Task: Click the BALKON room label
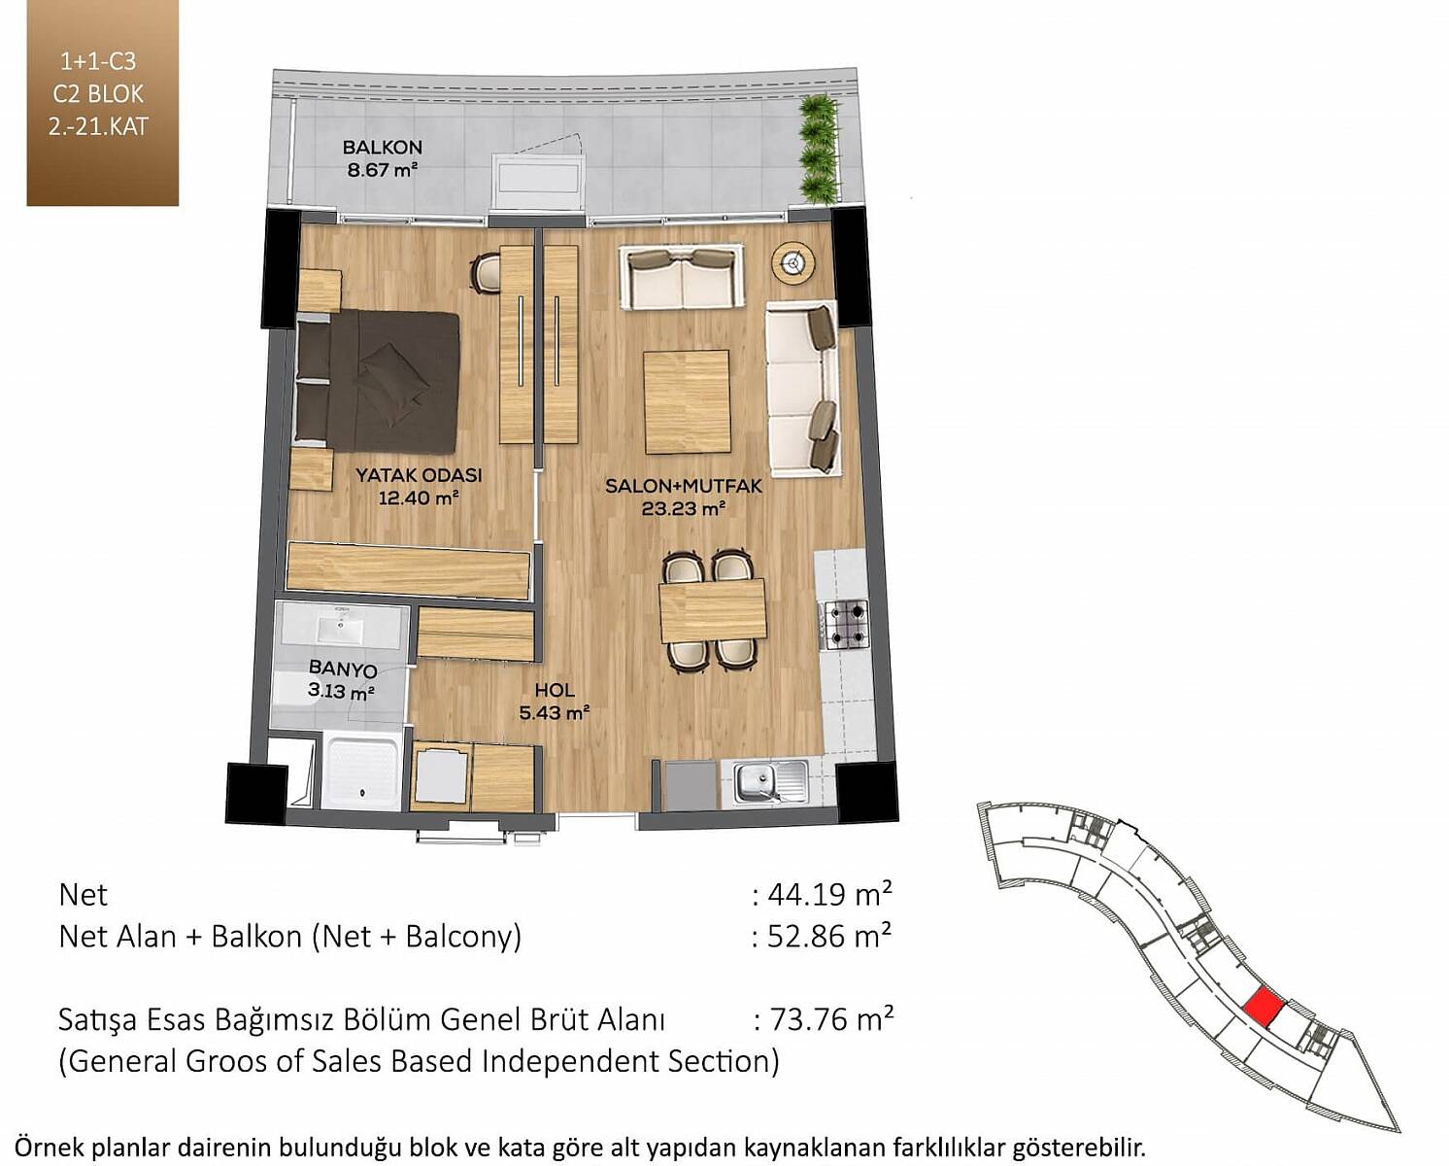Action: point(382,147)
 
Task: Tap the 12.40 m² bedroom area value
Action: point(419,498)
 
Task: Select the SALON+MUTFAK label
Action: point(684,486)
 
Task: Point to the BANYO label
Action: point(343,669)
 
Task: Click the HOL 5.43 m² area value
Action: point(555,712)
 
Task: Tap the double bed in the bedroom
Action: point(377,381)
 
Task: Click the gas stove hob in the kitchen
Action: point(844,625)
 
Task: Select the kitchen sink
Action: point(769,783)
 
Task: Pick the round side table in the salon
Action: point(794,262)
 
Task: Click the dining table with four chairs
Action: point(712,611)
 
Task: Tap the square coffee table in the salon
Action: point(687,402)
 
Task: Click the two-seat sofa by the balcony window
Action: point(682,277)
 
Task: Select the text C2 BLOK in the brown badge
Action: point(98,94)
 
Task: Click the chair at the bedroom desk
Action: point(485,273)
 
